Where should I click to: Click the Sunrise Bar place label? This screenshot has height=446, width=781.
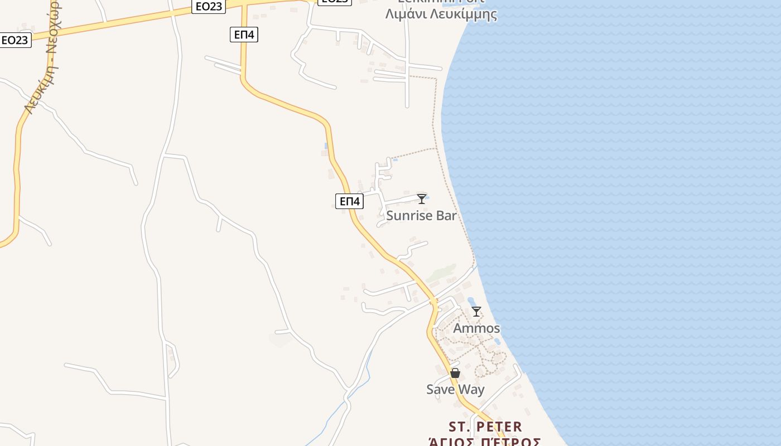[421, 216]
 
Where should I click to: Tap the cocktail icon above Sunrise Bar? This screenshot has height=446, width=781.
[422, 198]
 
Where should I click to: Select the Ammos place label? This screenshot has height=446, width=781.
[476, 328]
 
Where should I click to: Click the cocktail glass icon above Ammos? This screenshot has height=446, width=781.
[476, 312]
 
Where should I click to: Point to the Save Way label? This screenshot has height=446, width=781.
[455, 389]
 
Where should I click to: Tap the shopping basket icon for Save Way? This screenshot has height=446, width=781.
[455, 373]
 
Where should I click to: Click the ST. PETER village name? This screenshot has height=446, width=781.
[485, 427]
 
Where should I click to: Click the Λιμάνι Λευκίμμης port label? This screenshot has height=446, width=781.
[441, 14]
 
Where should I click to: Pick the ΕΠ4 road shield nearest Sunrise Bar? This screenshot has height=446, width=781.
[350, 201]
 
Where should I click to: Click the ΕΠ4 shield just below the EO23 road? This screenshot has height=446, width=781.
[244, 35]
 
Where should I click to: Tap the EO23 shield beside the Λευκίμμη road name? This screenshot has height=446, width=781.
[15, 40]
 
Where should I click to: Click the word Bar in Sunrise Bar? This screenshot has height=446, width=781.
[445, 216]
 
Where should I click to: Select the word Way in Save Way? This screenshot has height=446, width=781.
[470, 389]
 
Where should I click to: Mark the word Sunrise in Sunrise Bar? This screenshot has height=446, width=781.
[409, 216]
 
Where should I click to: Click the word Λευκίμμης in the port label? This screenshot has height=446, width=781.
[463, 14]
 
